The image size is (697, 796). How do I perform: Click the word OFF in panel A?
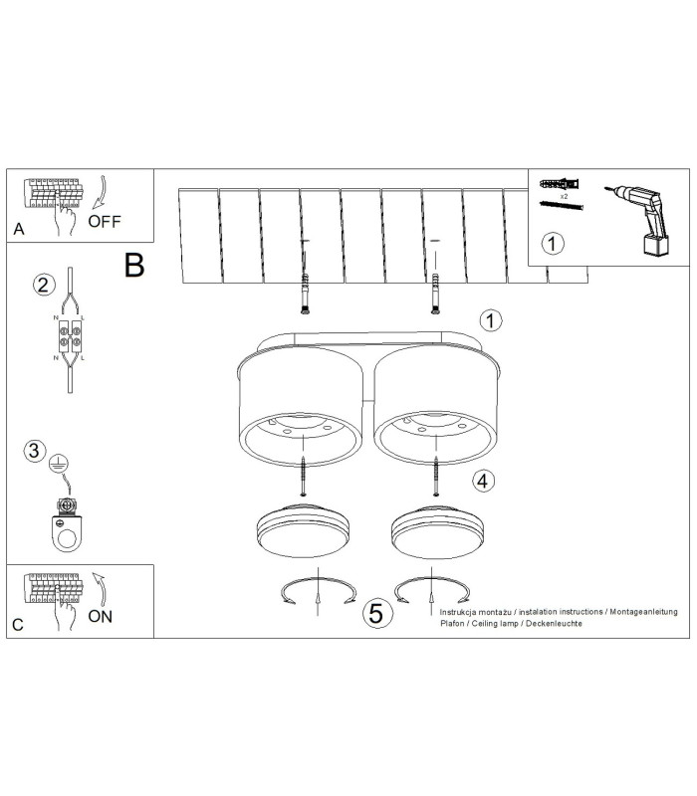pos(105,221)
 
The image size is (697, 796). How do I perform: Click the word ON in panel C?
pos(101,616)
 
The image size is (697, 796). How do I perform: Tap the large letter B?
pos(134,265)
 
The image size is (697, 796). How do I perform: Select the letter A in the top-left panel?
pos(19,230)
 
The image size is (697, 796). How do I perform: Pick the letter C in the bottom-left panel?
pos(18,625)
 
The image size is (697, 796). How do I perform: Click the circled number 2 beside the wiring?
pos(44,285)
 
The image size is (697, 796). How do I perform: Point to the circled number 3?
pos(35,451)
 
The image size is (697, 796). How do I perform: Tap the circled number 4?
pos(483,481)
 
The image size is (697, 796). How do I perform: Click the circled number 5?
pos(376,613)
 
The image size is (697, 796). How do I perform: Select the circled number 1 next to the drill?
pos(553,244)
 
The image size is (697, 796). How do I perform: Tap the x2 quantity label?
pos(564,196)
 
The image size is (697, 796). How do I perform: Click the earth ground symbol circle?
pos(59,464)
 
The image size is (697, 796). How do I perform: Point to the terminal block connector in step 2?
pos(70,336)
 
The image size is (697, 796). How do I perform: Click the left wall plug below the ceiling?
pos(305,294)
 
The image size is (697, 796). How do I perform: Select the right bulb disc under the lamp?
pos(437,531)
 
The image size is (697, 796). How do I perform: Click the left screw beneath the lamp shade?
pos(304,477)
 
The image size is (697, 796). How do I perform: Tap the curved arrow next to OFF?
pos(101,192)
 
